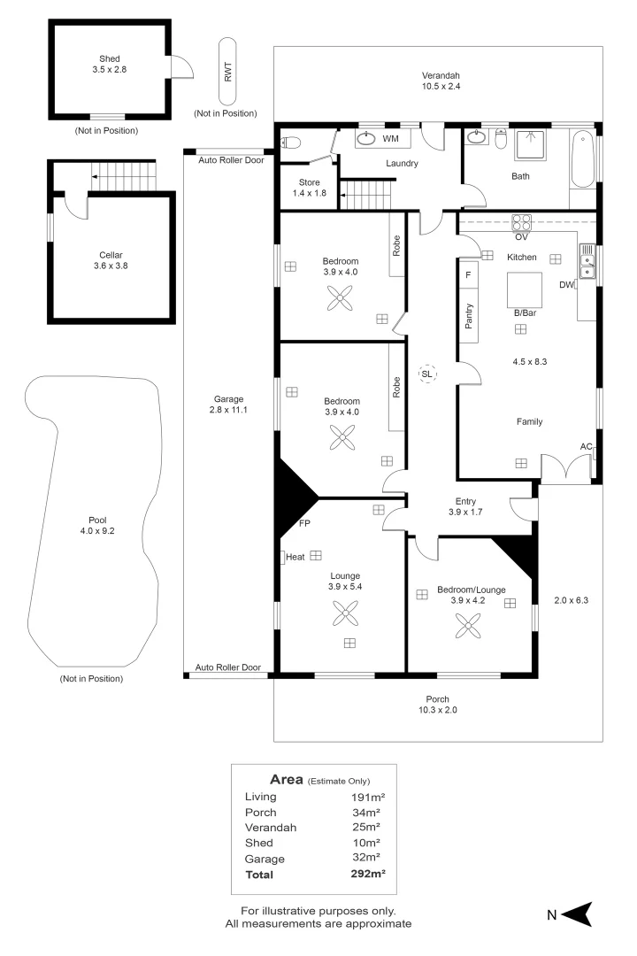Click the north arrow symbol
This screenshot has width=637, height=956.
[x=575, y=914]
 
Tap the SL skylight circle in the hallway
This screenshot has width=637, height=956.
[x=427, y=374]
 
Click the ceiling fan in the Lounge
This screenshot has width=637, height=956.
[x=342, y=612]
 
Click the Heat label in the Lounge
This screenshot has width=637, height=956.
[x=295, y=557]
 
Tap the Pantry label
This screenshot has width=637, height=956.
[x=469, y=314]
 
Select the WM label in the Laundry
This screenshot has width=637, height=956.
[x=390, y=139]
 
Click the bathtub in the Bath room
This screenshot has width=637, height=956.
[x=582, y=159]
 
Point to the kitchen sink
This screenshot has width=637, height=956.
[x=587, y=261]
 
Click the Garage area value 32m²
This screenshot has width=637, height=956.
[x=365, y=858]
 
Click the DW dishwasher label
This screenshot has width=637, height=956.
[x=566, y=285]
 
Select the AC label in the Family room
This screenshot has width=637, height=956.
[x=586, y=446]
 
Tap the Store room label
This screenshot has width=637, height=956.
[x=309, y=181]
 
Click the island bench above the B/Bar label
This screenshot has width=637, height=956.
[x=524, y=288]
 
